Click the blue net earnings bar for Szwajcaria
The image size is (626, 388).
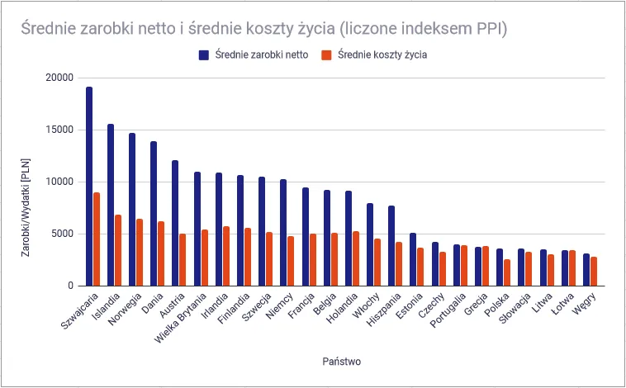tap(89, 187)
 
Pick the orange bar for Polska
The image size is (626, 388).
tap(507, 272)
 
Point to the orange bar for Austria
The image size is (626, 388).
tap(183, 260)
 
